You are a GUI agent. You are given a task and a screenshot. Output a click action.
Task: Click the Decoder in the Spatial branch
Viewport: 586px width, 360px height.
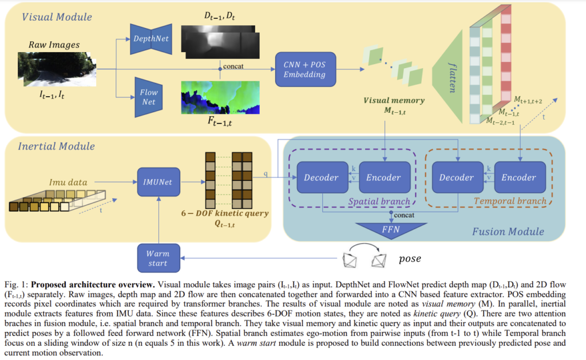point(322,177)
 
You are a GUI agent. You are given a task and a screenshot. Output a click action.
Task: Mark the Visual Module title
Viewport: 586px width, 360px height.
point(57,17)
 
